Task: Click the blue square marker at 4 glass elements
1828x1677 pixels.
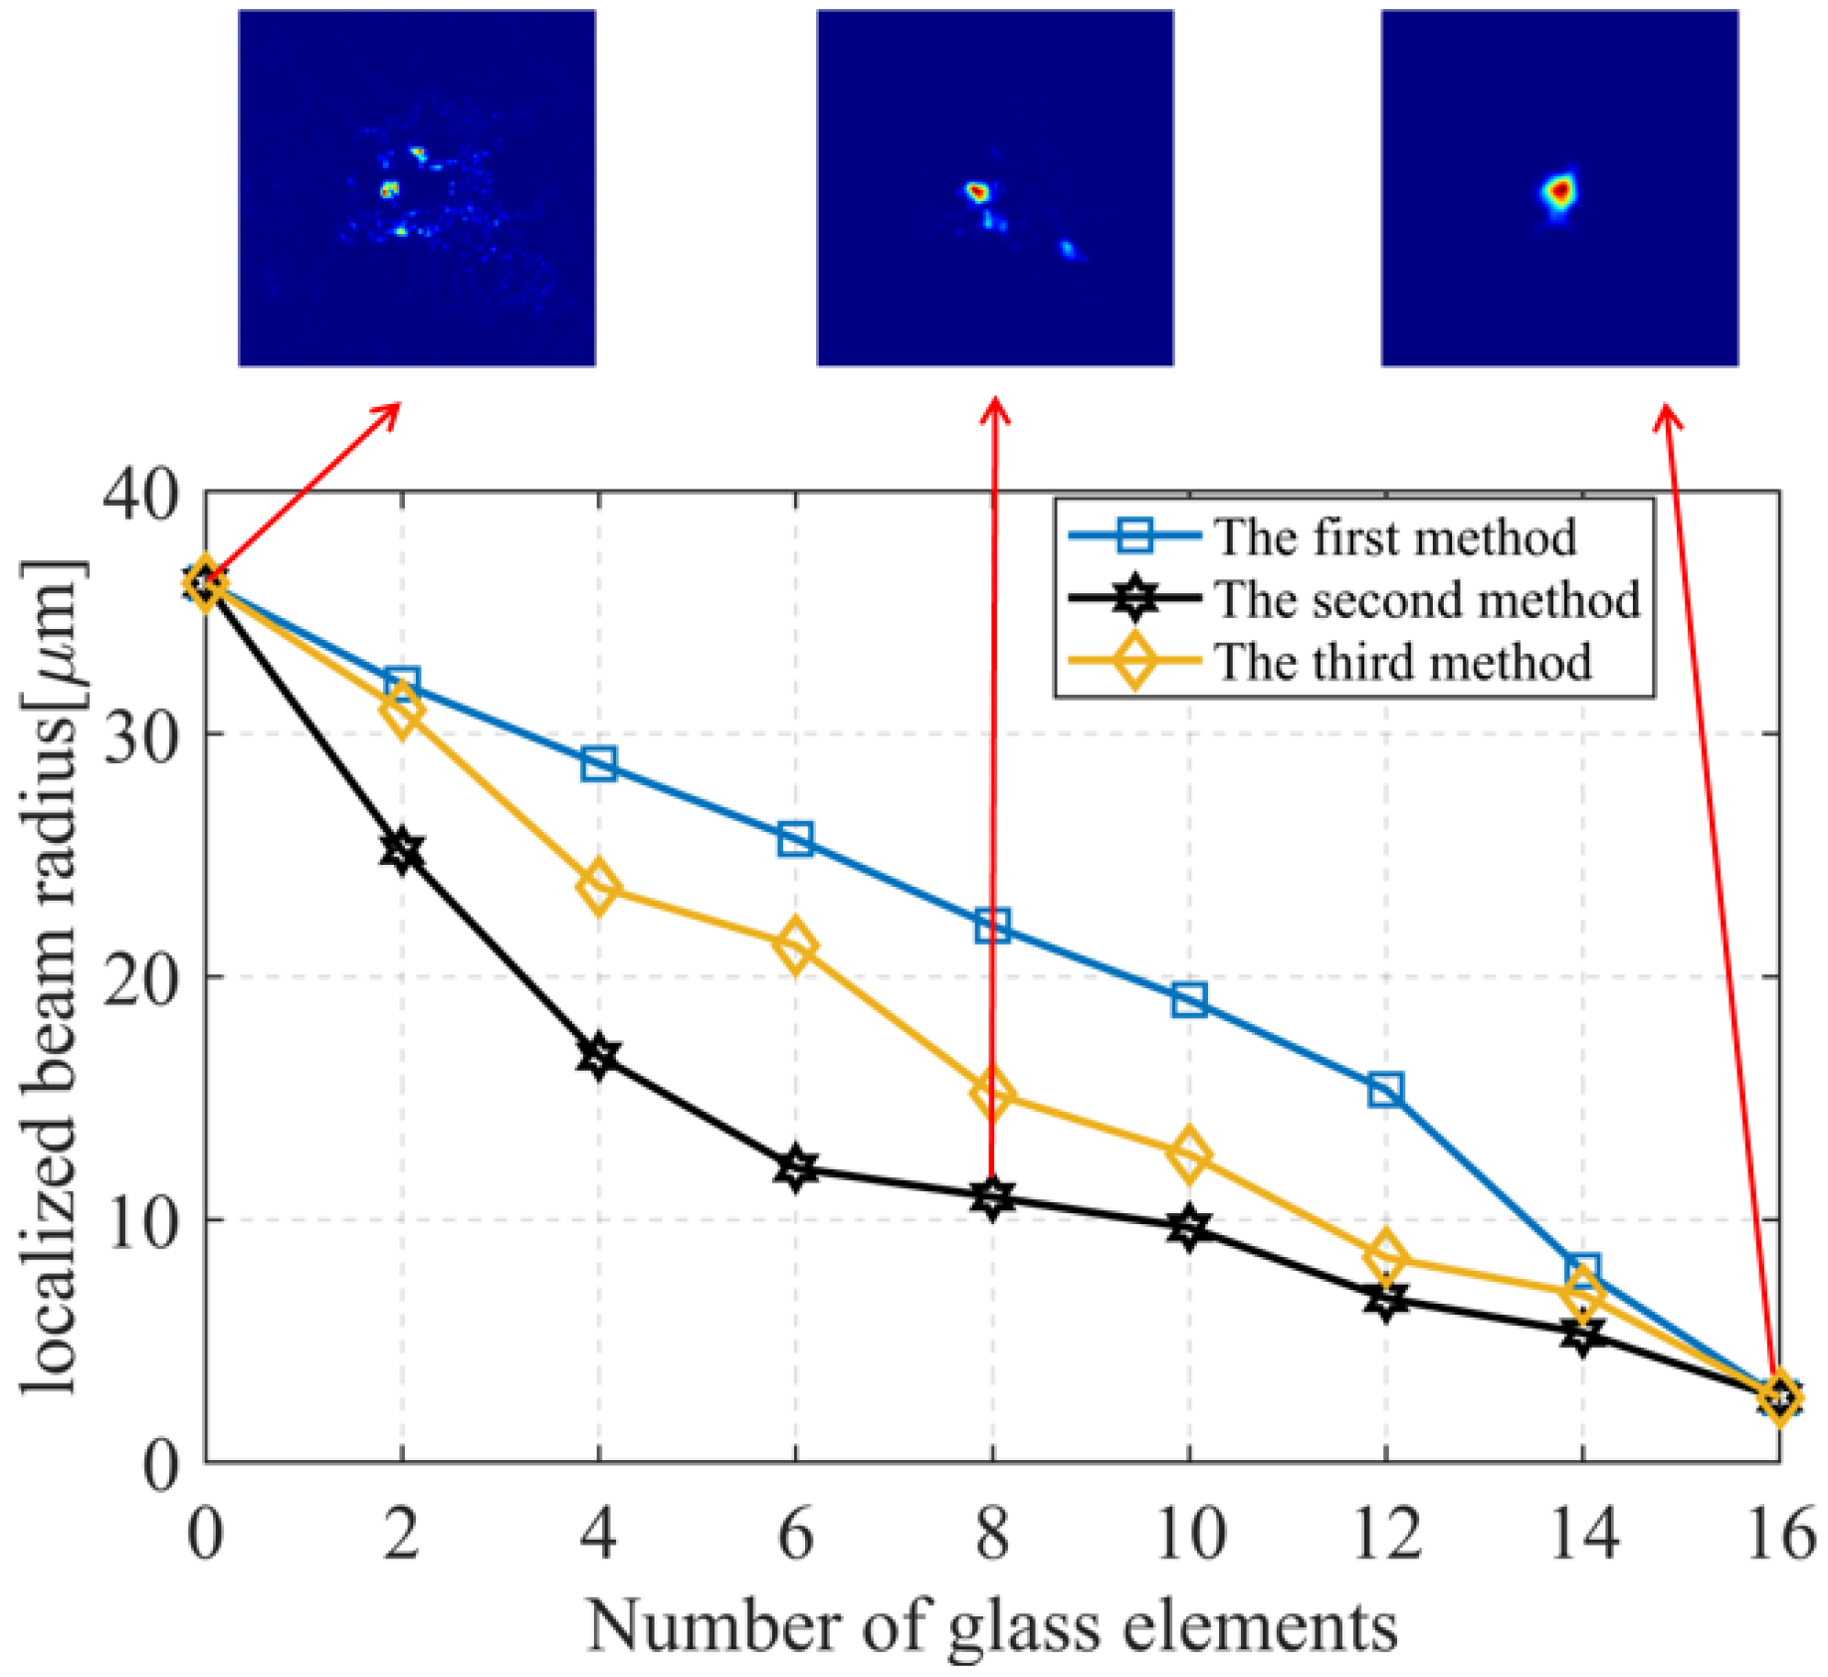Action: [x=598, y=764]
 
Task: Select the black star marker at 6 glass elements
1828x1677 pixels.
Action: [x=795, y=1168]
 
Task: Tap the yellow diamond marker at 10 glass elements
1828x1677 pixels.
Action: [x=1188, y=1154]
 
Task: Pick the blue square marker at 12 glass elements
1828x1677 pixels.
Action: [x=1385, y=1090]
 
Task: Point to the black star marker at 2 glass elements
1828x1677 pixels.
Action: [x=402, y=850]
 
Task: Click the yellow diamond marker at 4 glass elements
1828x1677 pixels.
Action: [x=598, y=887]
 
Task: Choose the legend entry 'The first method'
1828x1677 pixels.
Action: [x=1393, y=537]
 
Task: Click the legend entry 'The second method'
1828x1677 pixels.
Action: [x=1425, y=600]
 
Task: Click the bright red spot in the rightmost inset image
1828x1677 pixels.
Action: [x=1560, y=190]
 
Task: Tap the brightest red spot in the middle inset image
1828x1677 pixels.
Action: [x=978, y=192]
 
